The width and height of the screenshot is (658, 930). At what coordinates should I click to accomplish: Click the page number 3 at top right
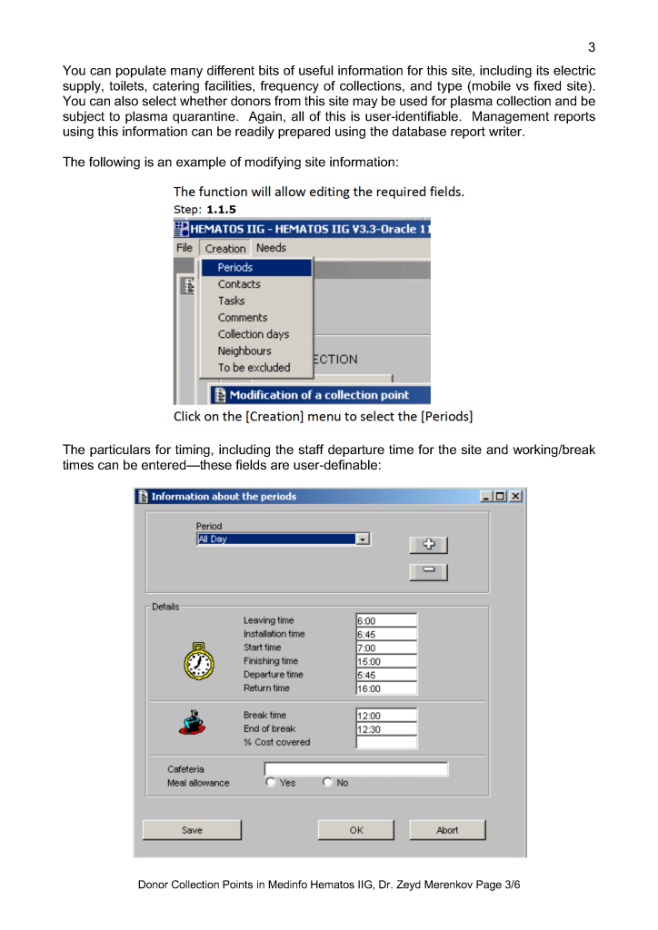(591, 47)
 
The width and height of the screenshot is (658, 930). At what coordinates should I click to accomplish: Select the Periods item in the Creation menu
(235, 268)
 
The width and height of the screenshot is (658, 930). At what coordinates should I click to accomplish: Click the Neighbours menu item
(244, 351)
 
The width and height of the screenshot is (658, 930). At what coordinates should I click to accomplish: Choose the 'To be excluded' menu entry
(254, 368)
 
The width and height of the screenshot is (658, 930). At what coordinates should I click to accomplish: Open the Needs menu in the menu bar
(271, 248)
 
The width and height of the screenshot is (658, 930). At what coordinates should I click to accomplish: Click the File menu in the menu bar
(184, 248)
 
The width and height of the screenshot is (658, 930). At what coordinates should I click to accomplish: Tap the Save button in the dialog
(193, 830)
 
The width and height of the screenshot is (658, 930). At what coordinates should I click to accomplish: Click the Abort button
(447, 830)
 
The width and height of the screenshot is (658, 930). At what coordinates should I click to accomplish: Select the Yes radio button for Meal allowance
(270, 783)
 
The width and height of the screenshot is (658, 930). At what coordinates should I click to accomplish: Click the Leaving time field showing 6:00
(386, 621)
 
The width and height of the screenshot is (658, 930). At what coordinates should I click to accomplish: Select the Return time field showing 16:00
(386, 689)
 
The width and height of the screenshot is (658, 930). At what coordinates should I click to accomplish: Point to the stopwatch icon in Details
(198, 662)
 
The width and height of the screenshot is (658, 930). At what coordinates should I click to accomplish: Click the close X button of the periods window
(515, 497)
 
